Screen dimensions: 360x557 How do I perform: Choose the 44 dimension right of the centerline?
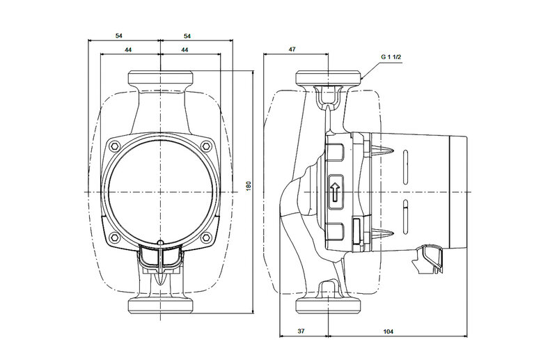point(185,51)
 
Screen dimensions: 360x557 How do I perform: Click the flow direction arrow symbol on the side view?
point(334,190)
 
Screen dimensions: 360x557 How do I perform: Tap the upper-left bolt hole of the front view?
point(114,146)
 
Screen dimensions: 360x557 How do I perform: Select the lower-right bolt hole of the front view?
point(207,240)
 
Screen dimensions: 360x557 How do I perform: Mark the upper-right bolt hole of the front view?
point(207,146)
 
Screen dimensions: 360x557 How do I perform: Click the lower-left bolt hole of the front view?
point(114,240)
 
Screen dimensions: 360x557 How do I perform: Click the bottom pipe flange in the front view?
point(160,304)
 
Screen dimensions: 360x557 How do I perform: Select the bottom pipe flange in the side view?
point(329,304)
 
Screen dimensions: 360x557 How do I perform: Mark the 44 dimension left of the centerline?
point(130,51)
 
